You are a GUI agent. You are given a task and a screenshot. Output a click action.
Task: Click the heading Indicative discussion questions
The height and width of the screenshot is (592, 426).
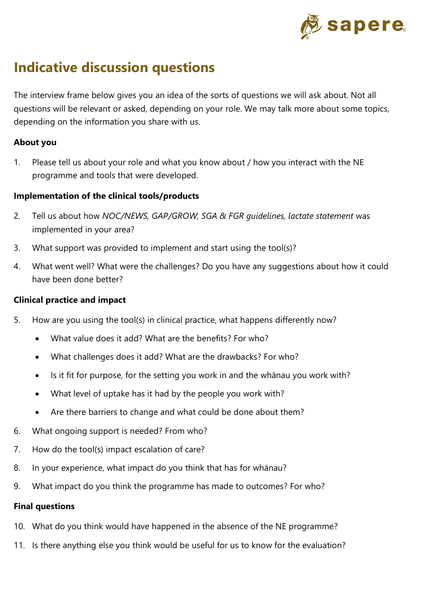(114, 68)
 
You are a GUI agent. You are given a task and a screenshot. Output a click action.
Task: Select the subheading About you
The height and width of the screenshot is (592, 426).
(35, 142)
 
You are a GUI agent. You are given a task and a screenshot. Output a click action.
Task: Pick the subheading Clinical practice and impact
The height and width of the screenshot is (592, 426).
(69, 300)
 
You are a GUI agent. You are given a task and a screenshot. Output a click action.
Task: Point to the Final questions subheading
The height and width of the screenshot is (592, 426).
(44, 506)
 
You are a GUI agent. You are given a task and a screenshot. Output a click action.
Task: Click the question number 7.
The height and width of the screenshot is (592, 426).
(17, 450)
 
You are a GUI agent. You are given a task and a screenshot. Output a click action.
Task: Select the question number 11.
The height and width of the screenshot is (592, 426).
(19, 546)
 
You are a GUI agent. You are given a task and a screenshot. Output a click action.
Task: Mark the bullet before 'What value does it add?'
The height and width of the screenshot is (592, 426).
(37, 339)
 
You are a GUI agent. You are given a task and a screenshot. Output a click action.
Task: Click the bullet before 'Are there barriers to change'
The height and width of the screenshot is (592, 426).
(37, 413)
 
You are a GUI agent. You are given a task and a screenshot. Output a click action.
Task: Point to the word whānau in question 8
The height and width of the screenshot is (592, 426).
(270, 468)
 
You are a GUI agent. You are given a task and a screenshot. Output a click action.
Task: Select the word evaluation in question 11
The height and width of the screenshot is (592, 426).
(321, 546)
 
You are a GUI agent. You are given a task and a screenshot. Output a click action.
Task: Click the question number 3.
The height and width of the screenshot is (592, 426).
(17, 248)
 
